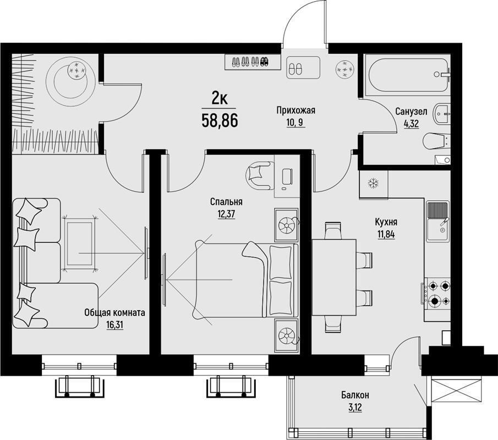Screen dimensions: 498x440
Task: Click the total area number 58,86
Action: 220,120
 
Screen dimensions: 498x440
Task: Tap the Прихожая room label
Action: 295,111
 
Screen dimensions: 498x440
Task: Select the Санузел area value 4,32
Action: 411,124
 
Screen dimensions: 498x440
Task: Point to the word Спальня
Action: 227,202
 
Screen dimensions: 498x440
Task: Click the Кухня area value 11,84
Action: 386,235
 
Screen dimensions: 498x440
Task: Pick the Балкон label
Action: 355,395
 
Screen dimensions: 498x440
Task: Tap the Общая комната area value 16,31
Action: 115,325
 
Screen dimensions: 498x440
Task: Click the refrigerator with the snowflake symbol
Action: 374,185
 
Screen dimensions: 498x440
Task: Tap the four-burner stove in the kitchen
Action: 437,293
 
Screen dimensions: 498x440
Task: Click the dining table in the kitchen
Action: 334,277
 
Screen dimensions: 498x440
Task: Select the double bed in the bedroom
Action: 247,280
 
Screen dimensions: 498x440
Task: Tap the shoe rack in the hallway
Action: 253,62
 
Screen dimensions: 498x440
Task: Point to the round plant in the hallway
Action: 344,69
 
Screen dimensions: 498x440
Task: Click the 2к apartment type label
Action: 220,100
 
